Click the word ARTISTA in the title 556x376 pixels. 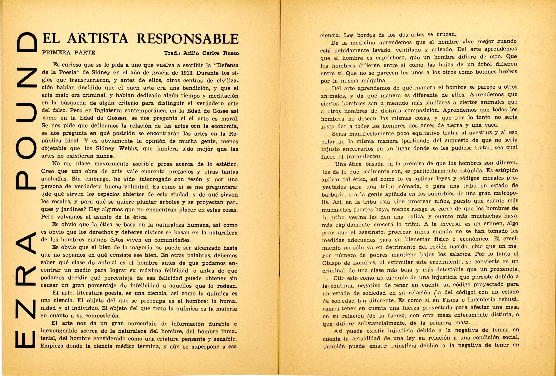point(98,39)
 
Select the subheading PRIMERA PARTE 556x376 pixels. point(68,52)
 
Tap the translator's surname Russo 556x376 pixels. point(230,53)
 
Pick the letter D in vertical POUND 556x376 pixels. point(27,42)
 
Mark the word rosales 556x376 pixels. point(61,202)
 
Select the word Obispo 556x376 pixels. point(331,263)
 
